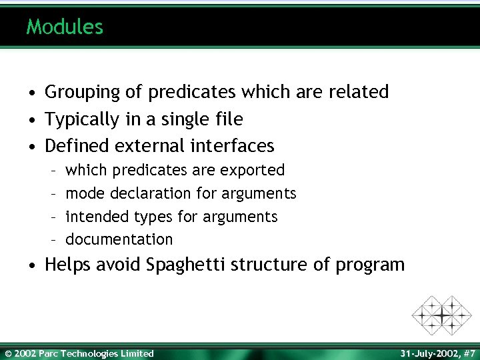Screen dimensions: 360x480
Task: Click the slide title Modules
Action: pos(65,27)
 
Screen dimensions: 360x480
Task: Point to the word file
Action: pos(229,119)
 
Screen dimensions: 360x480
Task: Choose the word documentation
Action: pos(119,239)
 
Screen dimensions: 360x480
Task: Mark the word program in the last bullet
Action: pos(369,265)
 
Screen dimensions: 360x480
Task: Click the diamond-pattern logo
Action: pos(441,315)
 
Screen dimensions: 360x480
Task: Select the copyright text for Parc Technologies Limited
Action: pos(79,353)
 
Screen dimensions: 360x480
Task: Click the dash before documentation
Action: pos(52,239)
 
